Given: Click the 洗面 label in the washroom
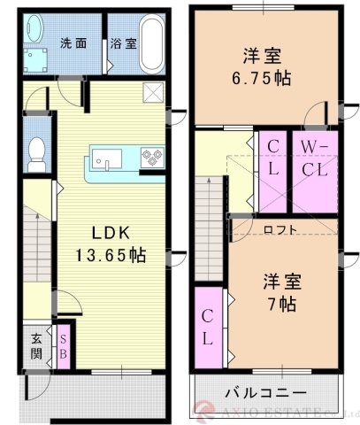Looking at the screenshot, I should tap(73, 42).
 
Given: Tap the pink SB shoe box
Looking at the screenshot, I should tap(64, 344).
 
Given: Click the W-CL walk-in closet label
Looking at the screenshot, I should tap(312, 158).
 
